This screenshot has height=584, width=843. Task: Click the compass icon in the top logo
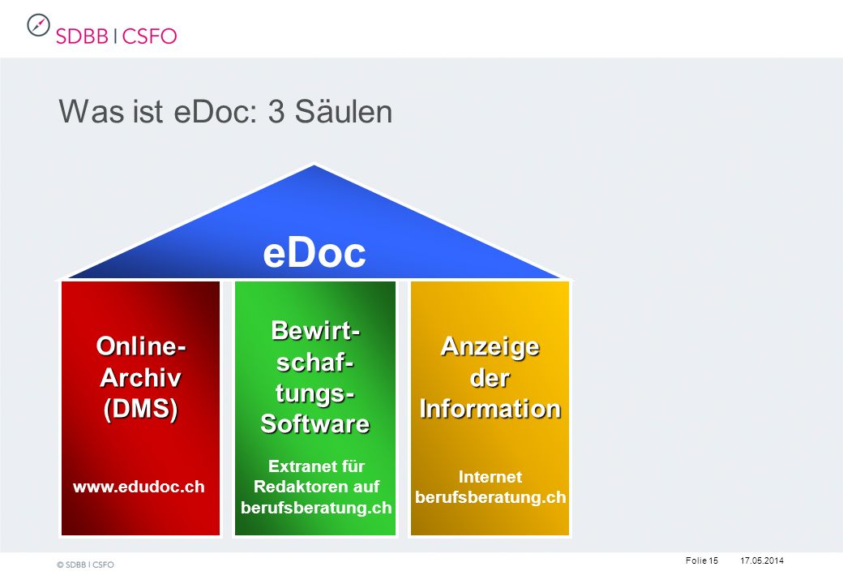[x=38, y=25]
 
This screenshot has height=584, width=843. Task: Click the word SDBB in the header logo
[x=82, y=36]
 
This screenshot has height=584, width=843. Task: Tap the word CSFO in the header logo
[x=149, y=36]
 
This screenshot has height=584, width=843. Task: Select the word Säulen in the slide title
[x=343, y=112]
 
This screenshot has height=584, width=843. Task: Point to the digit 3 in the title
[x=276, y=113]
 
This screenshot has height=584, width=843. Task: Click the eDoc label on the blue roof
[x=314, y=253]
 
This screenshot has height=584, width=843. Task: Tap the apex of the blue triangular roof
[x=314, y=165]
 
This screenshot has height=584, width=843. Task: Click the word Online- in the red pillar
[x=141, y=346]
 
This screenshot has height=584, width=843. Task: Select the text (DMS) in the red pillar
[x=140, y=409]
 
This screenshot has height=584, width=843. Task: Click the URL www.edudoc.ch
[x=139, y=487]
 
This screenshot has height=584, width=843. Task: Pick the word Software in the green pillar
[x=315, y=423]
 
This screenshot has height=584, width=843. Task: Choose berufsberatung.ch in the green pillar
[x=316, y=508]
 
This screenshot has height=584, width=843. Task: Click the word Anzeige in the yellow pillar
[x=490, y=347]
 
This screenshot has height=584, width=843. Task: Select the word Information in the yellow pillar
[x=490, y=409]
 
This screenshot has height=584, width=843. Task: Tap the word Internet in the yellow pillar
[x=490, y=476]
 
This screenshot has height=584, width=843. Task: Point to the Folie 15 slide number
[x=702, y=560]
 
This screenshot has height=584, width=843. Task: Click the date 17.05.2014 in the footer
[x=762, y=560]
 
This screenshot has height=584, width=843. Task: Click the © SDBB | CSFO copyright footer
[x=85, y=565]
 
